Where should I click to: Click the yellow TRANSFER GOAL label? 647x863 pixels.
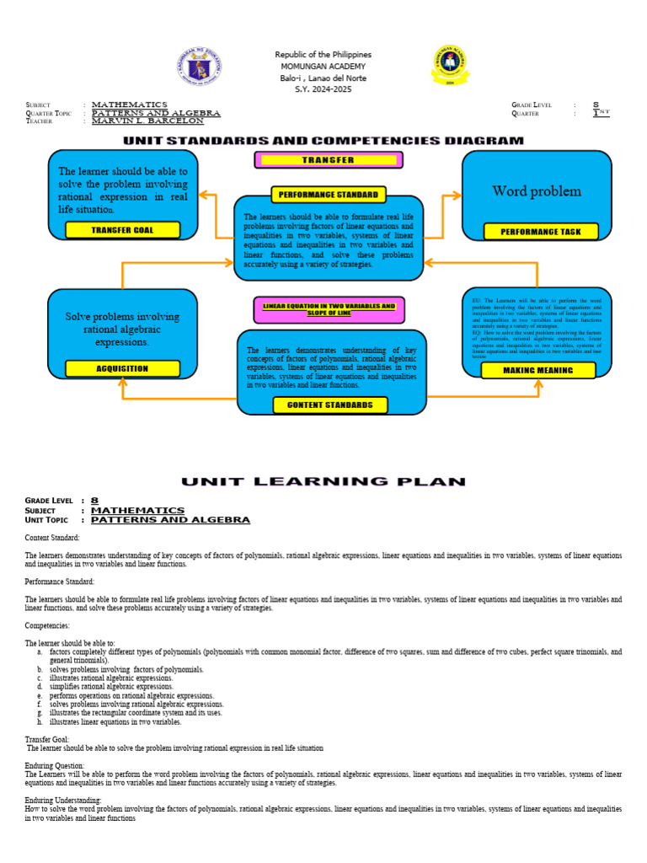(x=122, y=230)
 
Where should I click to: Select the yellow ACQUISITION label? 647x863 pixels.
(x=122, y=368)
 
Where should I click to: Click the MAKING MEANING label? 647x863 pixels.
(x=537, y=370)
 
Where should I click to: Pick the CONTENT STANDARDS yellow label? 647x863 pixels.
(x=329, y=405)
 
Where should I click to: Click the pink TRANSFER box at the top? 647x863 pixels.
(x=329, y=159)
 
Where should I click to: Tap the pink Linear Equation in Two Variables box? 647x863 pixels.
(x=329, y=309)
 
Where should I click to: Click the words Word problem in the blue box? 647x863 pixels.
(x=537, y=191)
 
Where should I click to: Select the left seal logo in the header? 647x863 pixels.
(x=200, y=66)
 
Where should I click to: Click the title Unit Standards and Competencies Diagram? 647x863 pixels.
(x=323, y=141)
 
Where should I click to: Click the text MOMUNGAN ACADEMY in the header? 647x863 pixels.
(x=323, y=67)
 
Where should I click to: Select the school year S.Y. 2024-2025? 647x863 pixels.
(x=323, y=89)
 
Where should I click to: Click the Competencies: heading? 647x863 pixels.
(x=47, y=625)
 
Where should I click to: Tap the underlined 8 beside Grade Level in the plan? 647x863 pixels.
(x=94, y=501)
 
